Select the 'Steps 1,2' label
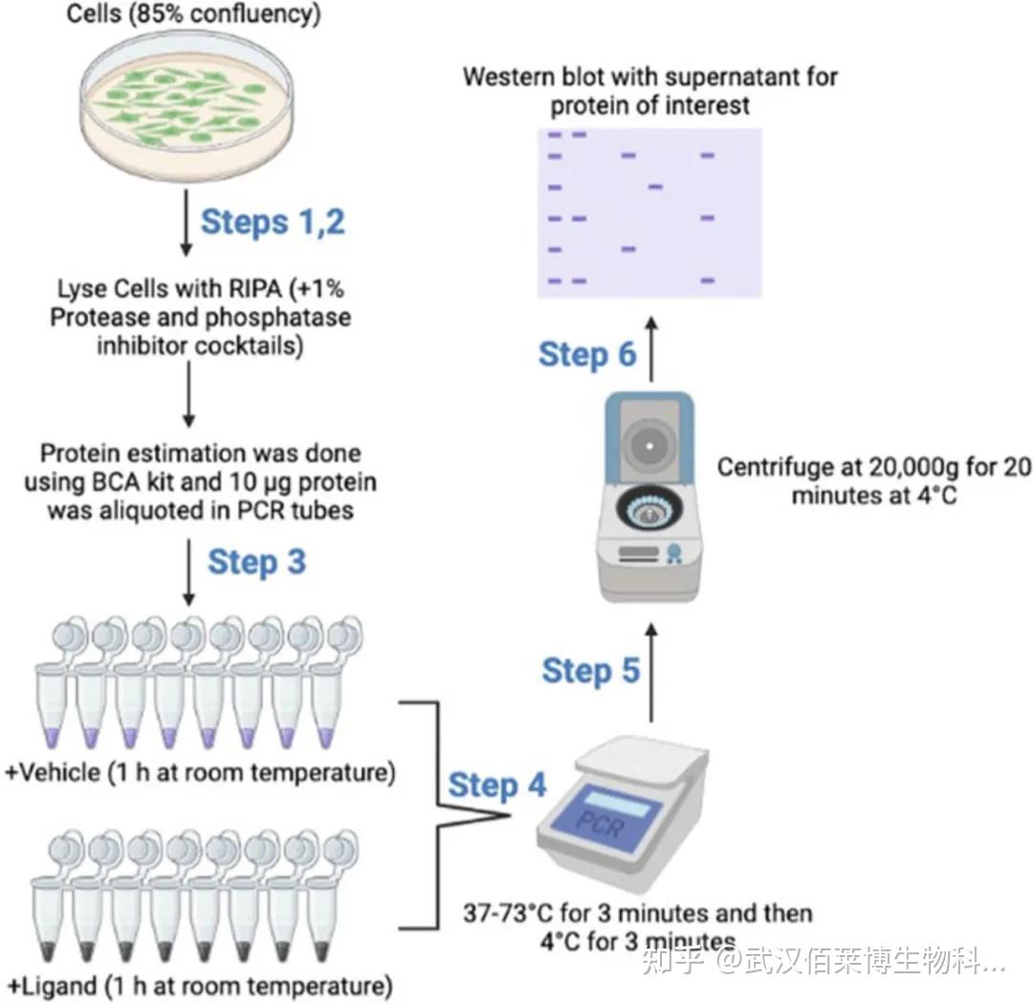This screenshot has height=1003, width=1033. (272, 222)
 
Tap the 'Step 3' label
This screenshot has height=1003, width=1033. (256, 562)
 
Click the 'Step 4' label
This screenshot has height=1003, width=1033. (497, 786)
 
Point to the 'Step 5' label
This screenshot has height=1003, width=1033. (590, 671)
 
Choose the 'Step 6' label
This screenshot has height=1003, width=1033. (587, 354)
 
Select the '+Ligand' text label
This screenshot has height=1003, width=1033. (53, 985)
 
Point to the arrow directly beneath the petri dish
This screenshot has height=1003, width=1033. (187, 223)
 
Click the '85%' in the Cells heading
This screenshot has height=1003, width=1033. (156, 16)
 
